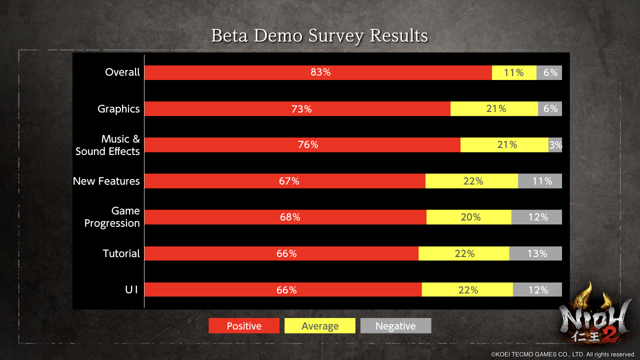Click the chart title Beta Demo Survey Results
(319, 36)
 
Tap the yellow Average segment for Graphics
(494, 108)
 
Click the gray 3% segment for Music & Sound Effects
(555, 145)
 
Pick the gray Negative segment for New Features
(540, 181)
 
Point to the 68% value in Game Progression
(290, 217)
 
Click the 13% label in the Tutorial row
(537, 253)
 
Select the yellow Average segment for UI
(467, 289)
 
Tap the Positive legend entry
(244, 326)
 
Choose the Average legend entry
(320, 326)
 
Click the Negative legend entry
(395, 326)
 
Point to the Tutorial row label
(121, 253)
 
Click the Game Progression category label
(112, 217)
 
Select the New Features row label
(106, 181)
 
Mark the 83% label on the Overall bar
(320, 72)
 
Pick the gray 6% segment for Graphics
(550, 108)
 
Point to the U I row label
(131, 289)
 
